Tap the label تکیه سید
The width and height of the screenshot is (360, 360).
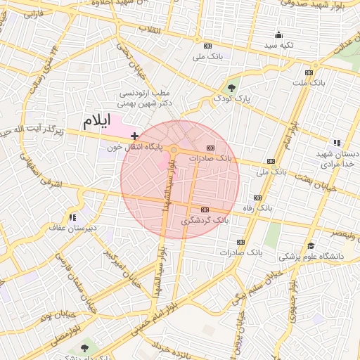click(279, 45)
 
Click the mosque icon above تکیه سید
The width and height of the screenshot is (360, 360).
click(279, 34)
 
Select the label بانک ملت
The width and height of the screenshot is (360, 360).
click(309, 84)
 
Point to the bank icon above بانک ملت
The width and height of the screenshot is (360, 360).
click(309, 73)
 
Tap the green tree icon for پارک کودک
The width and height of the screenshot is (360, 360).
click(232, 87)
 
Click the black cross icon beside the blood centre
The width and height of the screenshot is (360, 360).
click(134, 135)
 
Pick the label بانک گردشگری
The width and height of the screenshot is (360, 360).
click(205, 221)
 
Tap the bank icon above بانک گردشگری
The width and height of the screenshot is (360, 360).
click(205, 210)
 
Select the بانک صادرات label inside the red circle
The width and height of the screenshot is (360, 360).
click(212, 158)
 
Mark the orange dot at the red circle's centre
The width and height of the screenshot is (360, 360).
click(174, 150)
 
